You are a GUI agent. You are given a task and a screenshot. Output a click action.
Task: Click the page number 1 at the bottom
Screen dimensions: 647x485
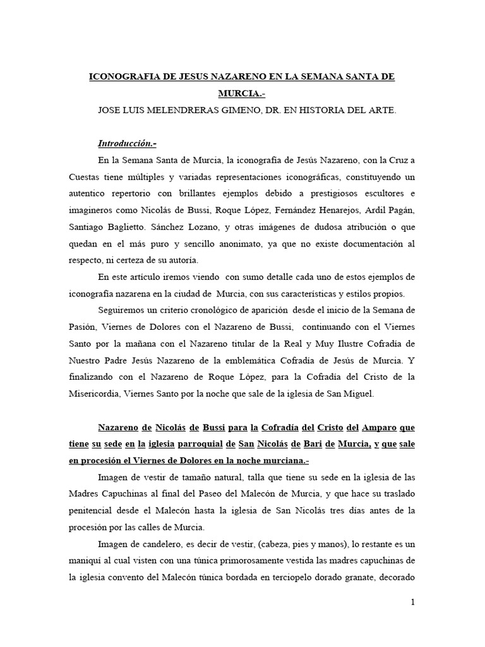[412, 602]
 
